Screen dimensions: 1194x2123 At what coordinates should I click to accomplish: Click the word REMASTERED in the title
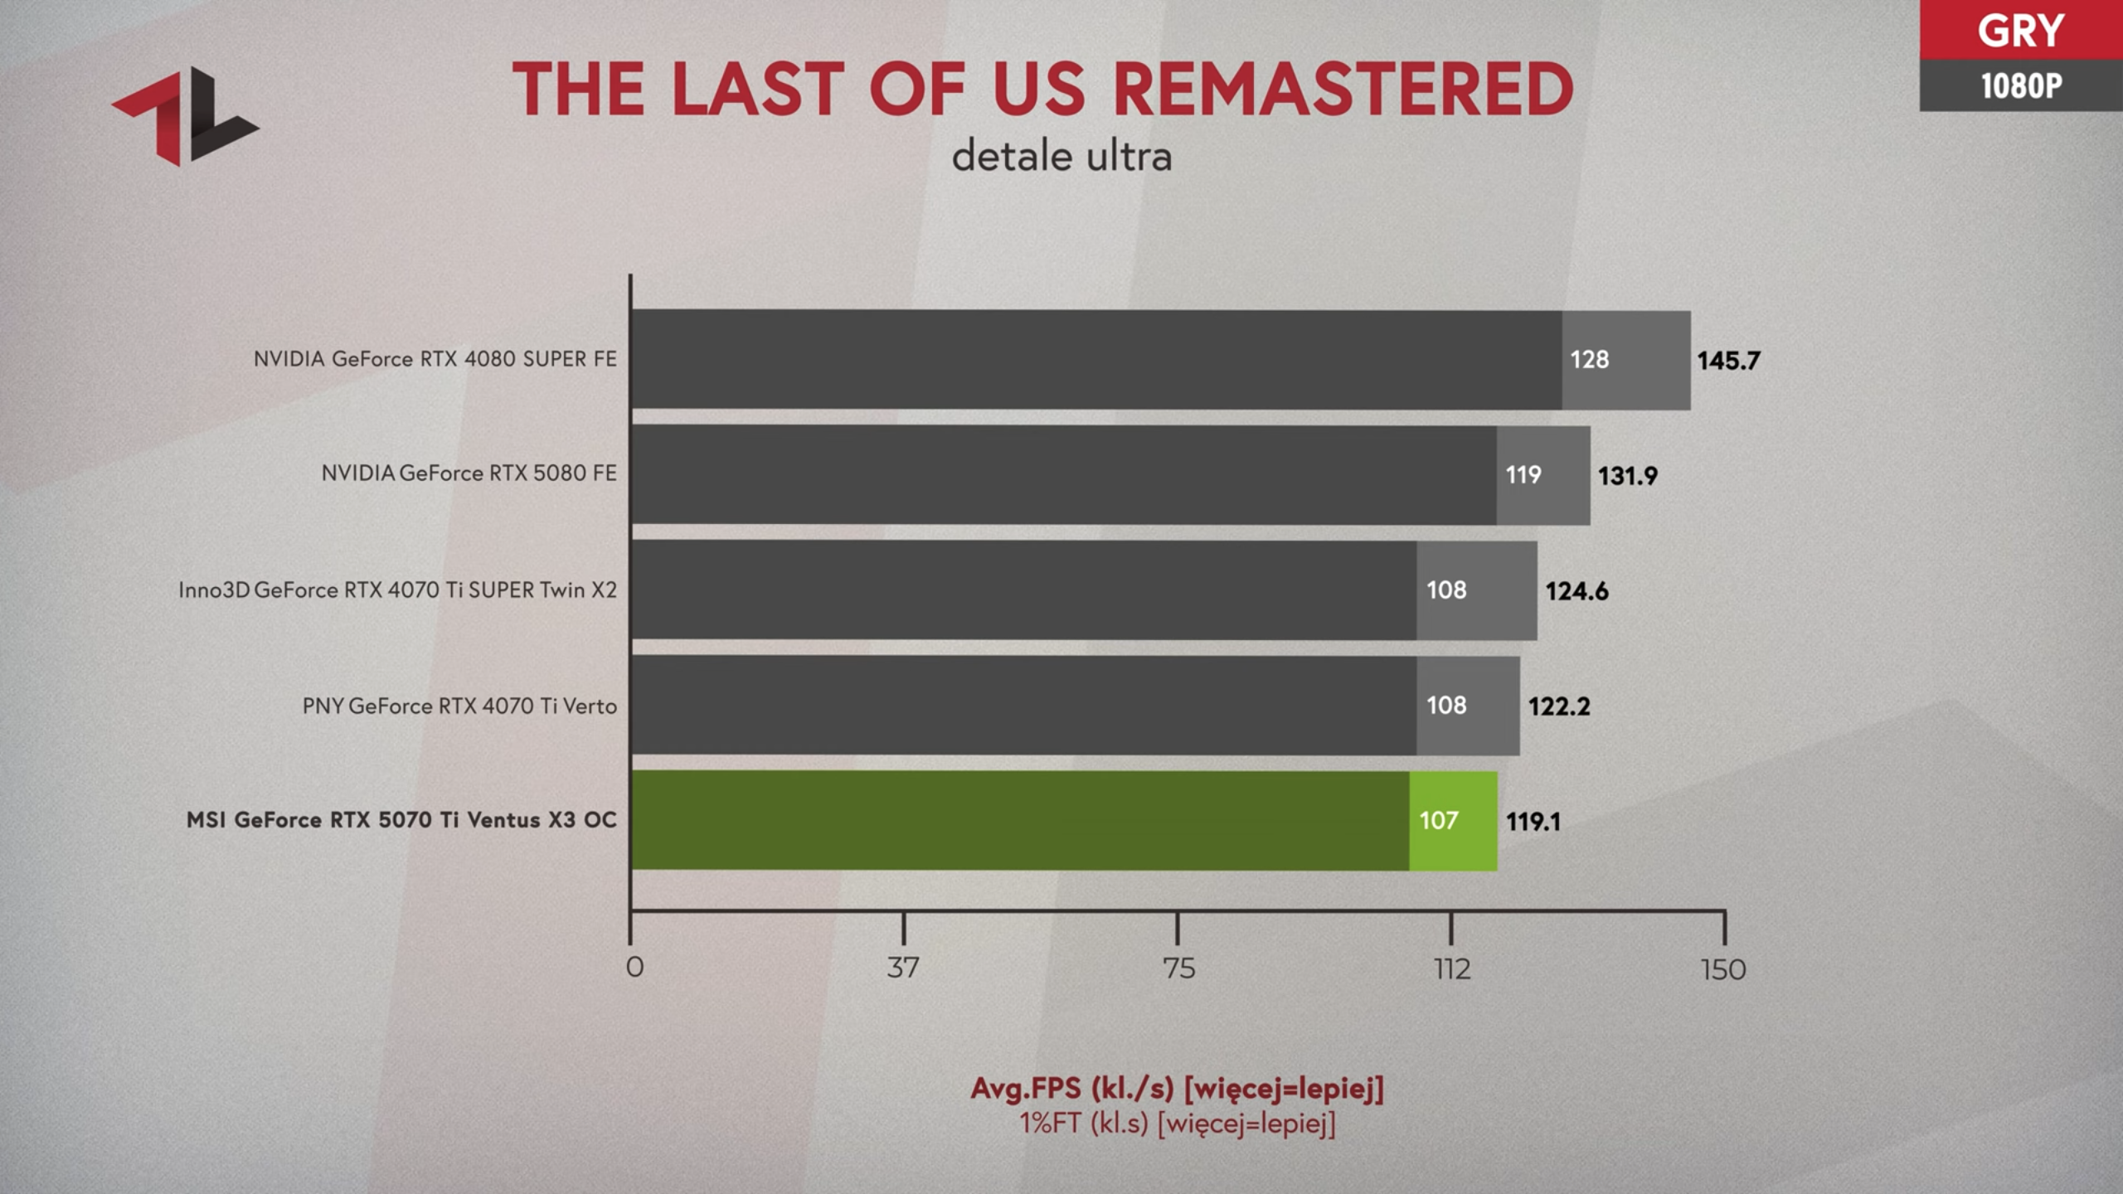click(1342, 90)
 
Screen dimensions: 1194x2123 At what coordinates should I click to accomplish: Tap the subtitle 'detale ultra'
click(1061, 157)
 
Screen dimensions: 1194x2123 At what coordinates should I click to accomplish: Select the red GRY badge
click(2020, 31)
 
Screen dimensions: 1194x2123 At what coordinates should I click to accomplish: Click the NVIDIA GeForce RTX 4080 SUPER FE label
click(435, 359)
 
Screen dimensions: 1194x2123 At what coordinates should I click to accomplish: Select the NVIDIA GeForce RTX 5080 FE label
click(469, 473)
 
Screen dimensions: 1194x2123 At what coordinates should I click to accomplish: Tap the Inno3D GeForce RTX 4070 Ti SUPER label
click(397, 590)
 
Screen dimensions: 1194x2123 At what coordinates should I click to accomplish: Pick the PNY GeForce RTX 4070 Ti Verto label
click(459, 706)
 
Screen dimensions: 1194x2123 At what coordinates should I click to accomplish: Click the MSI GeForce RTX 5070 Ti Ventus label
click(401, 820)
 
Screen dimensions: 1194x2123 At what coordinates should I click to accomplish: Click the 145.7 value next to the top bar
click(1728, 361)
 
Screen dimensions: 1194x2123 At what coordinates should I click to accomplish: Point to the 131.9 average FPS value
click(1628, 476)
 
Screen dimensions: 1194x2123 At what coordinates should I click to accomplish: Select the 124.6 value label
click(1576, 591)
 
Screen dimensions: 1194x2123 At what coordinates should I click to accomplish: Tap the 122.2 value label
click(1559, 706)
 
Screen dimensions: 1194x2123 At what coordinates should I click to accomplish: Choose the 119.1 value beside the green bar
click(1533, 822)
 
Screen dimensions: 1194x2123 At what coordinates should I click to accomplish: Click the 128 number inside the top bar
click(1589, 360)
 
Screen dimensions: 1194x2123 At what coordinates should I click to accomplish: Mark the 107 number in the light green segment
click(1438, 821)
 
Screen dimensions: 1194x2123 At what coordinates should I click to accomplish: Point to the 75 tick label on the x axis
click(1178, 968)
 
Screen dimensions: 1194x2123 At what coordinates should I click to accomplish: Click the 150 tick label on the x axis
click(1723, 969)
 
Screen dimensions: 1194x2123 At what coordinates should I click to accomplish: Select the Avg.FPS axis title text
click(1177, 1089)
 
